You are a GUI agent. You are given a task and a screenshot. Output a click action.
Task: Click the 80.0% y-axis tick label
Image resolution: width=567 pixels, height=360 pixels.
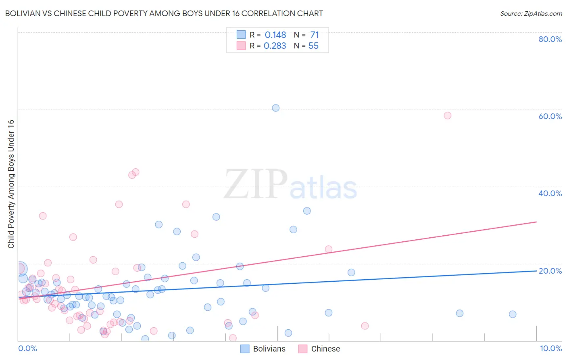550,39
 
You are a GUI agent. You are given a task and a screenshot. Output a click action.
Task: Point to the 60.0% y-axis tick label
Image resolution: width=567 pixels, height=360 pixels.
550,116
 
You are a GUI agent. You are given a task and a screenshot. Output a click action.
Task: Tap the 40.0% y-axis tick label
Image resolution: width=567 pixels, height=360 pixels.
550,193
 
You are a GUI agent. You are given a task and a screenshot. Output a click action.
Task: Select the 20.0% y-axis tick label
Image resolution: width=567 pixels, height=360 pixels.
550,271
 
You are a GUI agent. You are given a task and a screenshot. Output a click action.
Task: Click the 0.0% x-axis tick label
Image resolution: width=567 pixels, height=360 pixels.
28,348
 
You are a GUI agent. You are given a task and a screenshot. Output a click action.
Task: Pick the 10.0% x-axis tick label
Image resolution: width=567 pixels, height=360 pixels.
550,348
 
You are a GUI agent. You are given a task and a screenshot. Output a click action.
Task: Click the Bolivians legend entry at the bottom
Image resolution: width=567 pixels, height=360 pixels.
263,349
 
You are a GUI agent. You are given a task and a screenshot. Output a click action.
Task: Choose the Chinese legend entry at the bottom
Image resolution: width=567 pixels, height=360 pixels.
319,349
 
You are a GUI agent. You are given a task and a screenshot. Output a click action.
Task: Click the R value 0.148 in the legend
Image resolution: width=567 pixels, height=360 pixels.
275,35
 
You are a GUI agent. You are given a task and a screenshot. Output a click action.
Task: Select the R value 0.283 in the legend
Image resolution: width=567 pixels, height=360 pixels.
275,46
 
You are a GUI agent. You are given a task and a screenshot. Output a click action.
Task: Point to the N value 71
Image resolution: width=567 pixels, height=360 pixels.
315,35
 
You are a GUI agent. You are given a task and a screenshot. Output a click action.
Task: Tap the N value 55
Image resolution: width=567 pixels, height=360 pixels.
313,46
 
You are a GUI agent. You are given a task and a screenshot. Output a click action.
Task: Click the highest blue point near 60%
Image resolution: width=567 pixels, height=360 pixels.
275,108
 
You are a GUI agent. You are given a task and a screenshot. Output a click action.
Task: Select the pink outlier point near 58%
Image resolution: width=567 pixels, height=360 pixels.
447,115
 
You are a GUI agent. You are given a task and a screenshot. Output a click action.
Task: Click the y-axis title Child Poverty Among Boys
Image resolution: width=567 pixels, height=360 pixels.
11,184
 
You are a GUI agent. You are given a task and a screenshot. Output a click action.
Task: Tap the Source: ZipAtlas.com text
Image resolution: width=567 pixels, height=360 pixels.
531,14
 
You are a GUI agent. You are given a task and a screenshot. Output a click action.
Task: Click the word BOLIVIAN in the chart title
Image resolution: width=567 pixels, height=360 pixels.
25,13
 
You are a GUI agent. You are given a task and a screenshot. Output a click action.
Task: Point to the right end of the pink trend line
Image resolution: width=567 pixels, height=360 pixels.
536,222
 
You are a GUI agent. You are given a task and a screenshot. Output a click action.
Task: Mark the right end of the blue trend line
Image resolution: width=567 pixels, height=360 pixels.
536,271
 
